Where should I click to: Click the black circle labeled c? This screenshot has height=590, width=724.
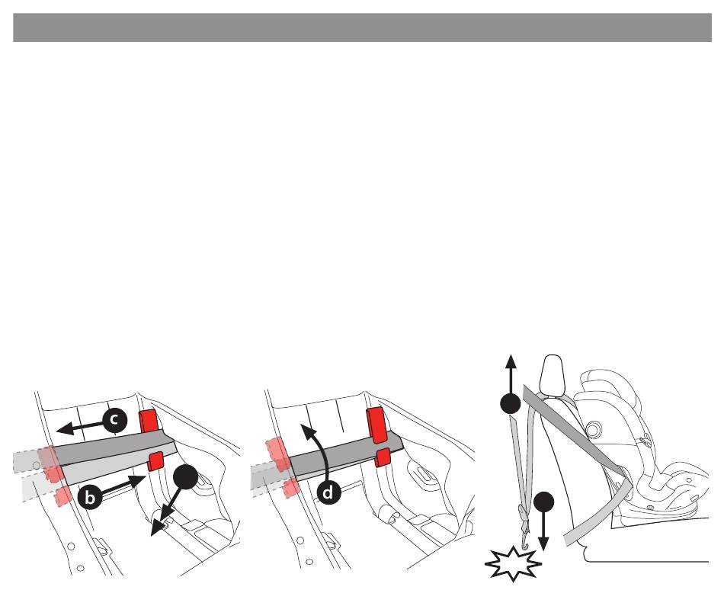pyautogui.click(x=114, y=420)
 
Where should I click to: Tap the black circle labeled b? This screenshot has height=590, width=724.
pyautogui.click(x=91, y=497)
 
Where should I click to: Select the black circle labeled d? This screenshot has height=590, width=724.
pyautogui.click(x=328, y=492)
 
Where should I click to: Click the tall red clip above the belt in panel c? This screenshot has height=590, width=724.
pyautogui.click(x=149, y=421)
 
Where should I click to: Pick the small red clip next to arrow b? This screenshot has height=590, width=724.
pyautogui.click(x=155, y=462)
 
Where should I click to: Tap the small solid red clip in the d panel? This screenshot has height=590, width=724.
pyautogui.click(x=383, y=457)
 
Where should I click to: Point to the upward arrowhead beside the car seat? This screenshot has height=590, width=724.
pyautogui.click(x=510, y=361)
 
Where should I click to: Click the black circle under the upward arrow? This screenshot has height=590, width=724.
pyautogui.click(x=510, y=403)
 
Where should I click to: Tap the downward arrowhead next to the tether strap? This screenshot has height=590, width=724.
pyautogui.click(x=543, y=545)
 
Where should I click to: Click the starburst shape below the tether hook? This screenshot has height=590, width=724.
pyautogui.click(x=513, y=564)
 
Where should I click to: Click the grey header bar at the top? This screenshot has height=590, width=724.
pyautogui.click(x=362, y=27)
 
